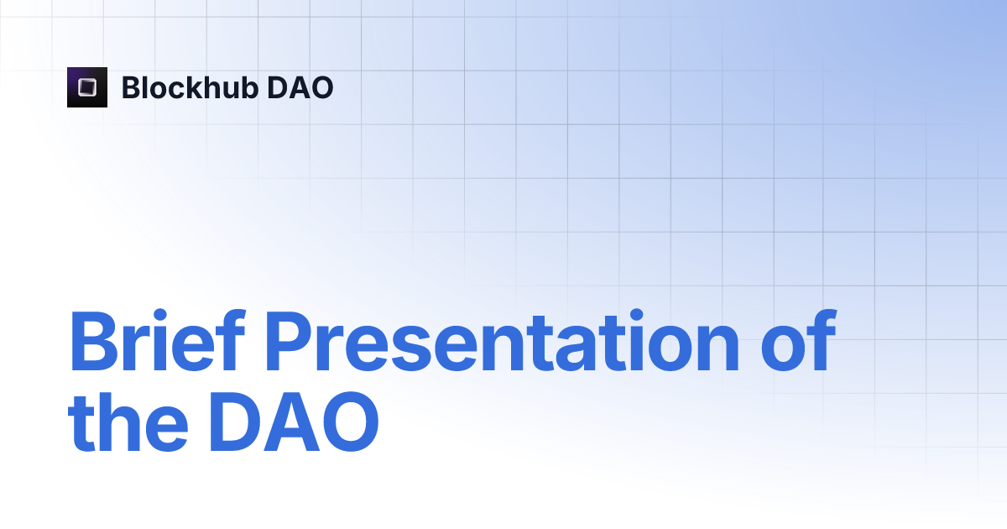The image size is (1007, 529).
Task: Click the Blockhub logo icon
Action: tap(87, 87)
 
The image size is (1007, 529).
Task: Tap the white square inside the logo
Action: tap(87, 87)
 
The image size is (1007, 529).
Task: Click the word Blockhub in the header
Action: tap(189, 87)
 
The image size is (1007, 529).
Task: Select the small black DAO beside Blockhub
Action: tap(300, 87)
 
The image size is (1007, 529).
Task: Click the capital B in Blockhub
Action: tap(130, 87)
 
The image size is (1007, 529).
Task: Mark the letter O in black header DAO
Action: tap(321, 87)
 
